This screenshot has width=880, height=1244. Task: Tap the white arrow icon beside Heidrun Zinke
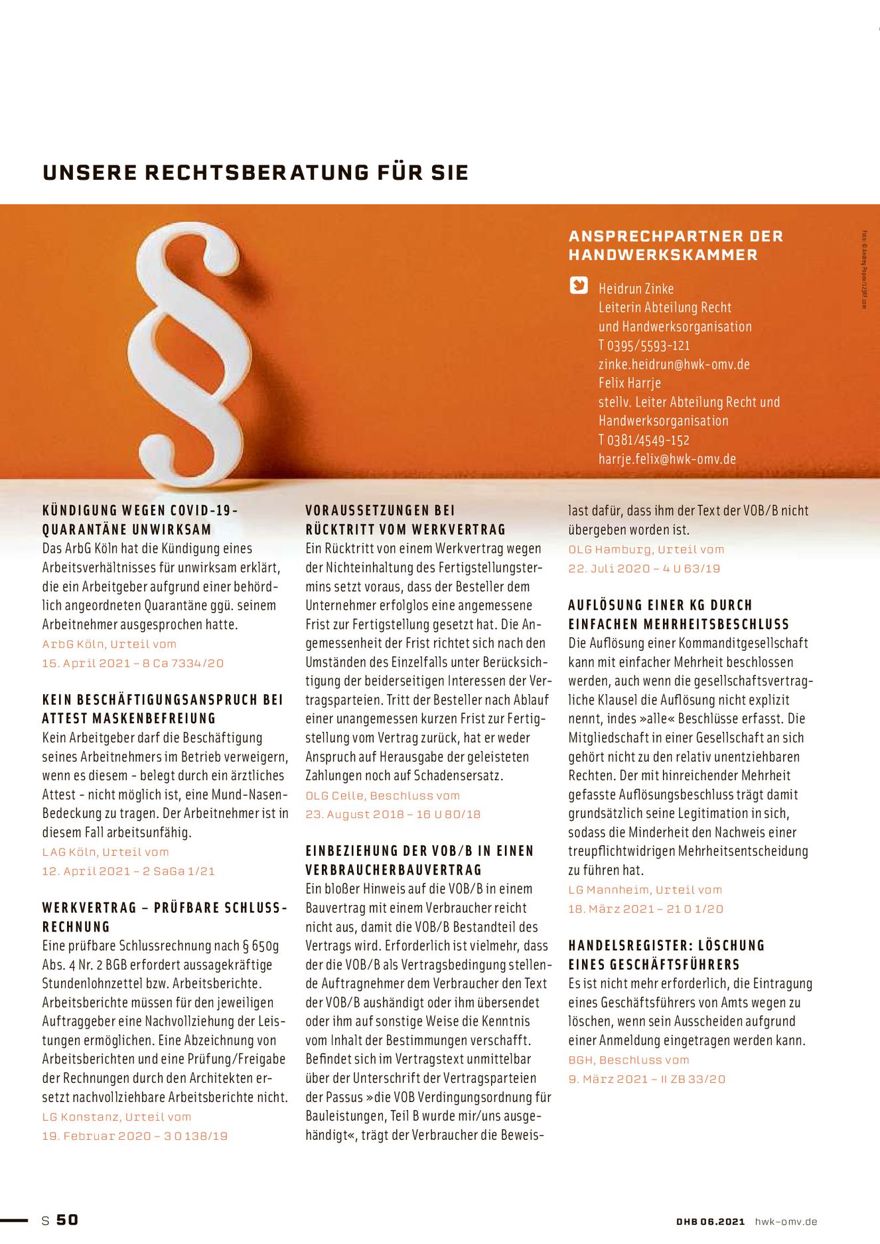point(579,285)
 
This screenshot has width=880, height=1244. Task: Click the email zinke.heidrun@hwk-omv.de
point(674,364)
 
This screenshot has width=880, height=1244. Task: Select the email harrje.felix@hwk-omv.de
point(667,459)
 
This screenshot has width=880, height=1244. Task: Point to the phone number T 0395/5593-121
point(644,346)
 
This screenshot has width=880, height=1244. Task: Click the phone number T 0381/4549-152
point(644,441)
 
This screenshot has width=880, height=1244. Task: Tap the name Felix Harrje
point(629,383)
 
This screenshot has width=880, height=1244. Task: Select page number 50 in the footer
point(67,1220)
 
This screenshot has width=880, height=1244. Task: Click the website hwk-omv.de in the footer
point(786,1221)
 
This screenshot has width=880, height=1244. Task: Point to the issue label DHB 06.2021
point(710,1221)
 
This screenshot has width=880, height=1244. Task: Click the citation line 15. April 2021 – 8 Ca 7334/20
point(133,663)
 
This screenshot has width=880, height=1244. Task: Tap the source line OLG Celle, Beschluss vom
point(382,795)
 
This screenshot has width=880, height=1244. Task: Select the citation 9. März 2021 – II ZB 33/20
point(646,1079)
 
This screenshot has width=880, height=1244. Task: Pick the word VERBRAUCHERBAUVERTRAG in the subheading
point(394,870)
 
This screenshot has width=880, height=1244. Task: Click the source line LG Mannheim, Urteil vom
point(645,890)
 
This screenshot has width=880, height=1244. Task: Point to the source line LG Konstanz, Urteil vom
point(117,1117)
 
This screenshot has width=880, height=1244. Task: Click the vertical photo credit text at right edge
point(865,269)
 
